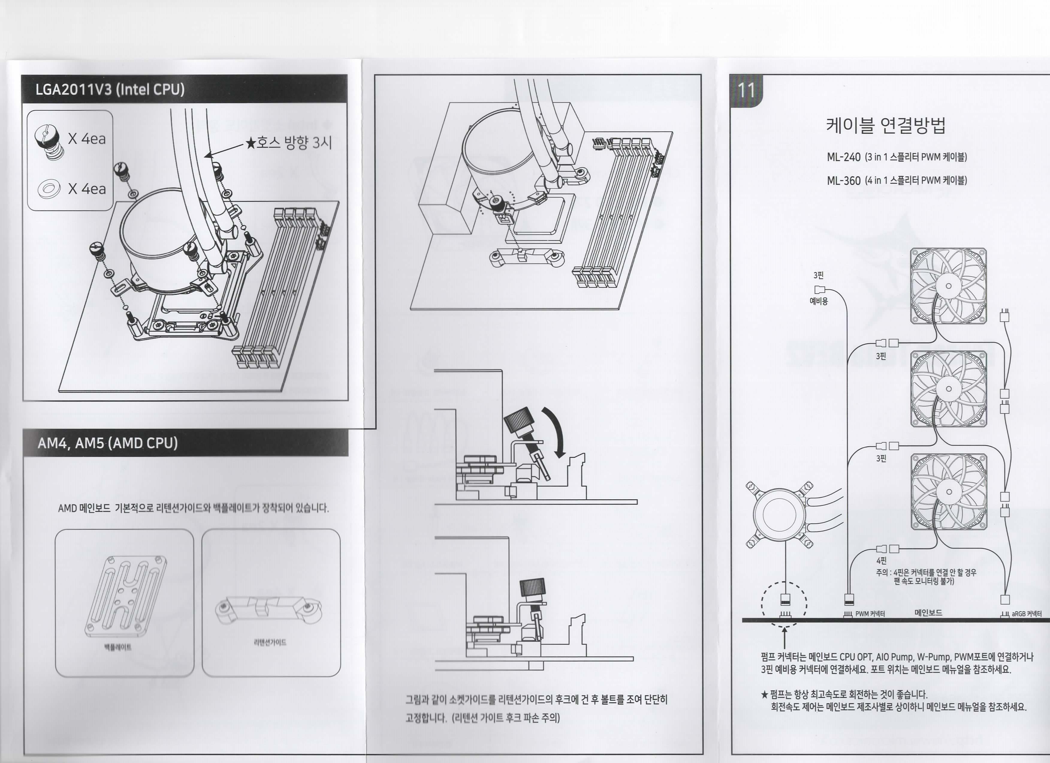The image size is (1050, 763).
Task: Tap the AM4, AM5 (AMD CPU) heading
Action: click(x=107, y=443)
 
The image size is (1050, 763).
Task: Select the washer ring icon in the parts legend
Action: click(x=49, y=189)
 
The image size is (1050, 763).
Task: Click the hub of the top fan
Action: click(x=948, y=286)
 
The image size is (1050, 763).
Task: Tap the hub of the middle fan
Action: click(x=948, y=389)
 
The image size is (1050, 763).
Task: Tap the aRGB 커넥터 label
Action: click(x=1026, y=614)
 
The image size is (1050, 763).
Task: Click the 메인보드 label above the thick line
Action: click(x=928, y=612)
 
